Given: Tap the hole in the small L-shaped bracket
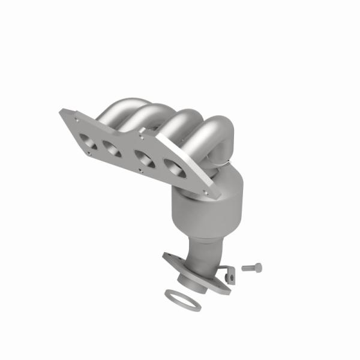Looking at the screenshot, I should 229,276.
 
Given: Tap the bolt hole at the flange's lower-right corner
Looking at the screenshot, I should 206,193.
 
